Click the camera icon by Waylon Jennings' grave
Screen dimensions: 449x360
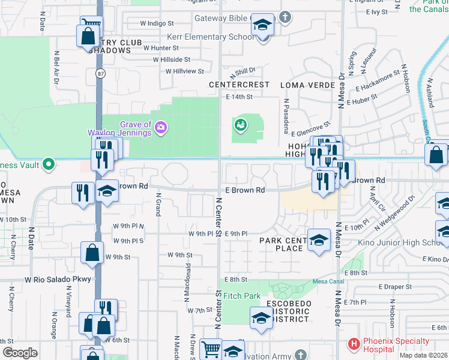pos(161,127)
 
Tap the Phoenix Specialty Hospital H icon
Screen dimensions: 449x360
pos(354,344)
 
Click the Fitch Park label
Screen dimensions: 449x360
pos(242,296)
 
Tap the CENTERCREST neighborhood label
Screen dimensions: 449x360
pos(239,85)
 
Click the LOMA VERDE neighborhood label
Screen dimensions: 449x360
pos(308,85)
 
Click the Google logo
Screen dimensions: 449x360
pos(20,352)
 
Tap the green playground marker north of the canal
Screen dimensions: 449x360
pos(240,125)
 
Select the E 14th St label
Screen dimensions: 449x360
pos(240,97)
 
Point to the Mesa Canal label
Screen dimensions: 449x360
pos(328,281)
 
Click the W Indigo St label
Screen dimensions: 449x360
pos(157,23)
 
